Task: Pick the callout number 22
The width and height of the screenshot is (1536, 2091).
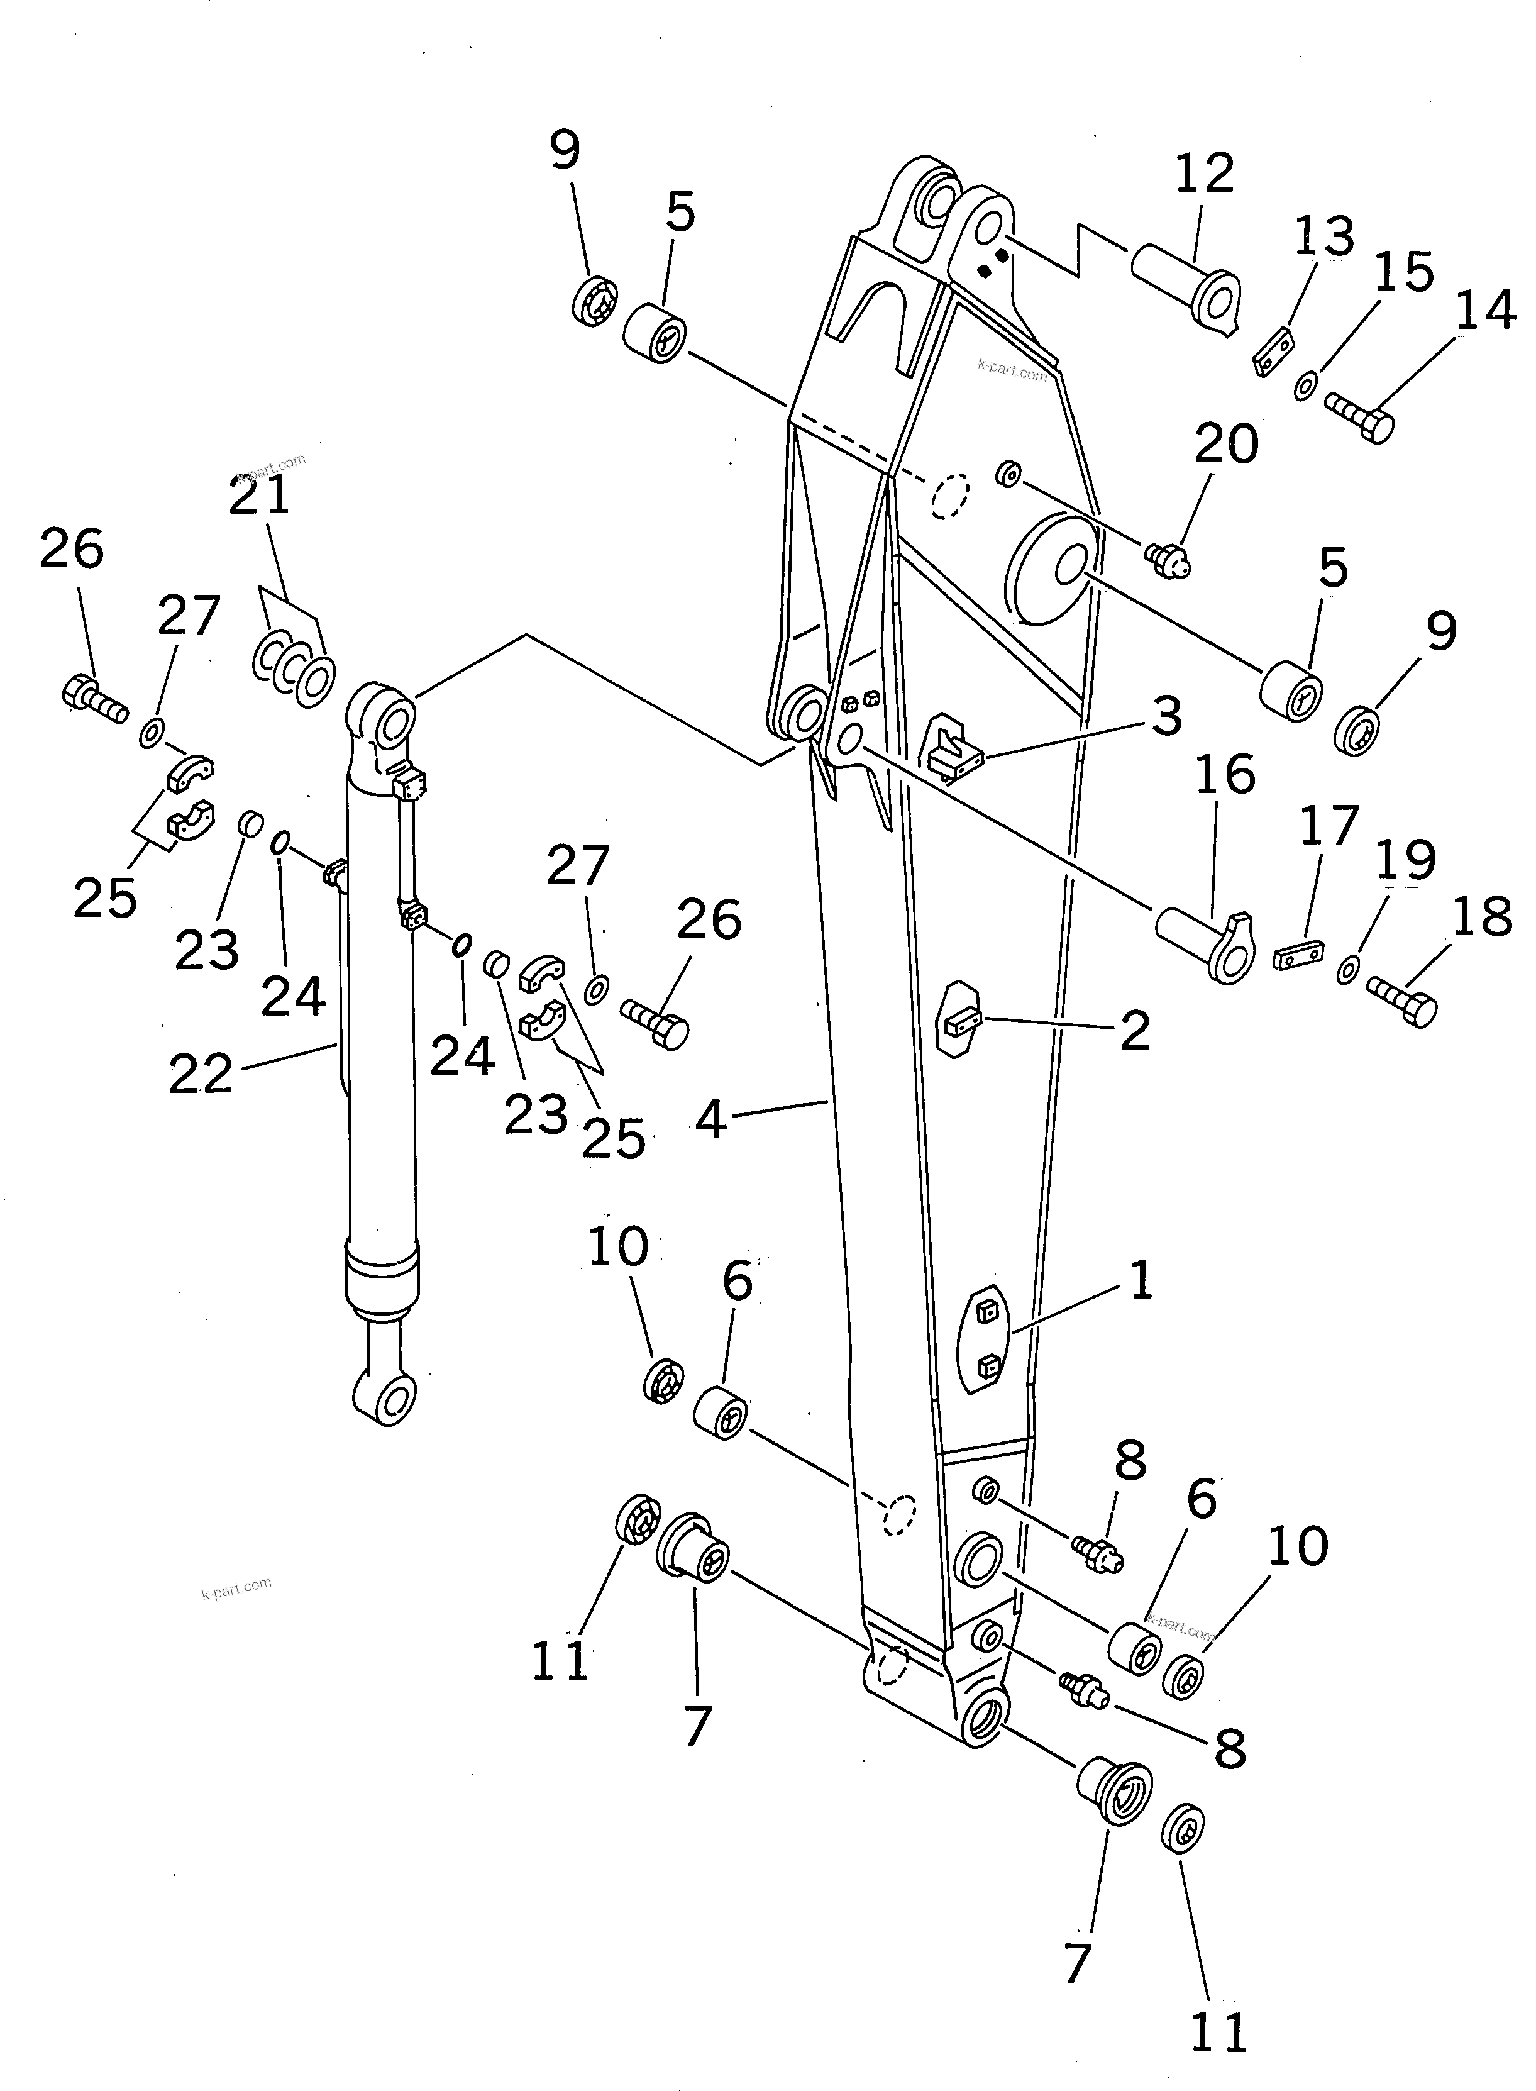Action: coord(201,1076)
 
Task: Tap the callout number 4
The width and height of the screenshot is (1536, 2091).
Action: coord(711,1121)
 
